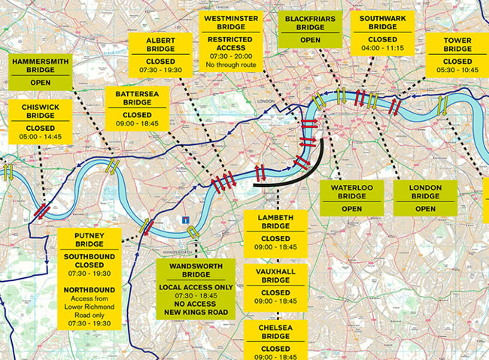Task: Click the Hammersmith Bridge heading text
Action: [x=41, y=66]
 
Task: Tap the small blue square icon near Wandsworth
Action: [x=184, y=219]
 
